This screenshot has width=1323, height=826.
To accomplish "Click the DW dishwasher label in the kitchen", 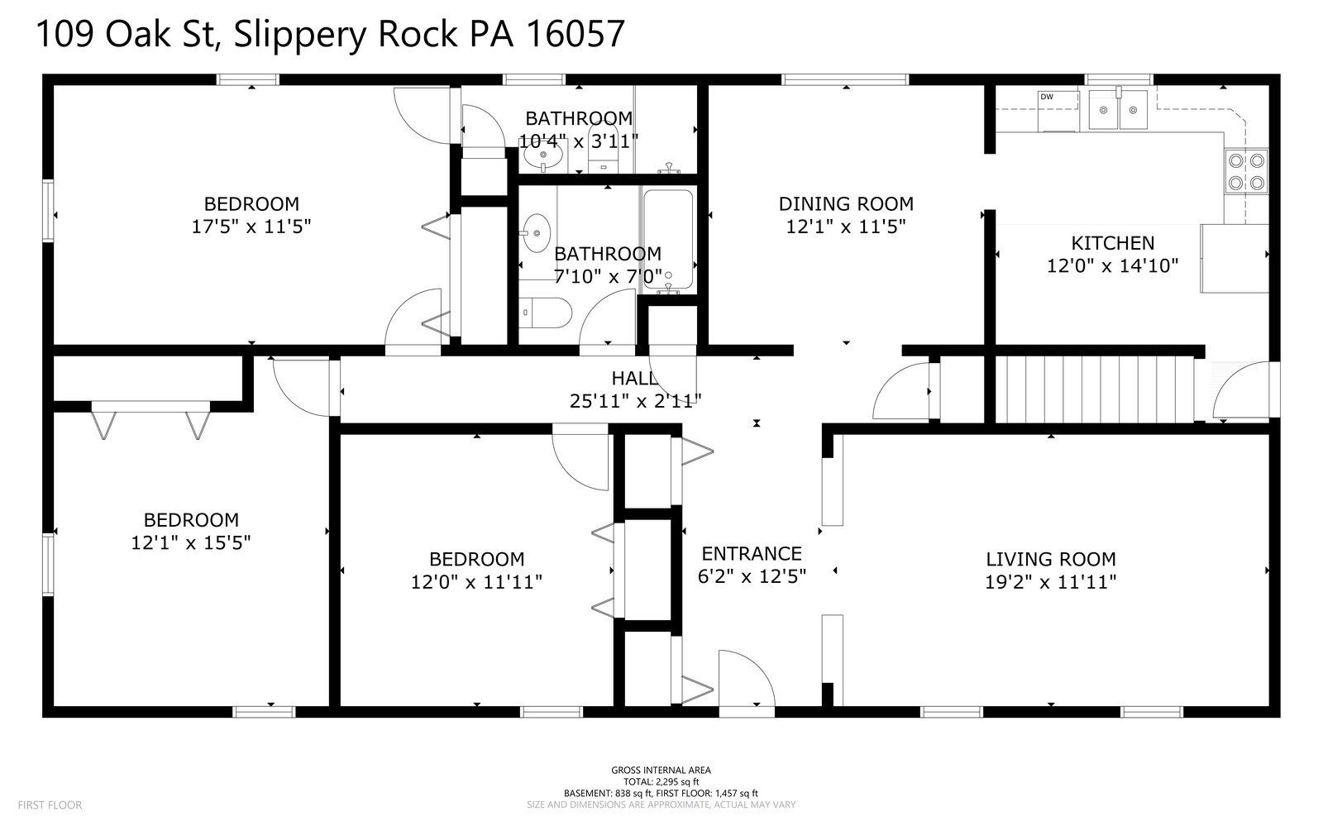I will point(1047,97).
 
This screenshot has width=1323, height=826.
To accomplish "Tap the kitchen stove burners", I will point(1246,172).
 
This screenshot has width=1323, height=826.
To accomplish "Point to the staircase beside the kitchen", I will point(1093,389).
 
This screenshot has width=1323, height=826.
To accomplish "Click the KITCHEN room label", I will point(1112,243).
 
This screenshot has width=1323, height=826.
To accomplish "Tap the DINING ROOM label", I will point(846,204).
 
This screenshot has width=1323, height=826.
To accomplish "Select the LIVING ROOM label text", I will point(1050,560).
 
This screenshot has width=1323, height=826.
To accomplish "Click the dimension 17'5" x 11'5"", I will point(251,227).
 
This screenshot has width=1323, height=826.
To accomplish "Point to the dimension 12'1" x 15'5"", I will point(191,543).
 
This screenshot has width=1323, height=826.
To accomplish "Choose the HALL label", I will point(634,379).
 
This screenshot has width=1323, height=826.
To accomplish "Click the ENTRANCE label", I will point(752,554).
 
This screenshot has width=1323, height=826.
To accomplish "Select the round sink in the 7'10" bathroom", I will point(537,232).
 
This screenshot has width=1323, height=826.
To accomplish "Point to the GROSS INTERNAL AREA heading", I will point(661,771).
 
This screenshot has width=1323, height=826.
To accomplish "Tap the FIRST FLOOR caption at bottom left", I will point(50,805).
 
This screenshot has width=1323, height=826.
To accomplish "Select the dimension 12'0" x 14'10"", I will point(1112,266).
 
